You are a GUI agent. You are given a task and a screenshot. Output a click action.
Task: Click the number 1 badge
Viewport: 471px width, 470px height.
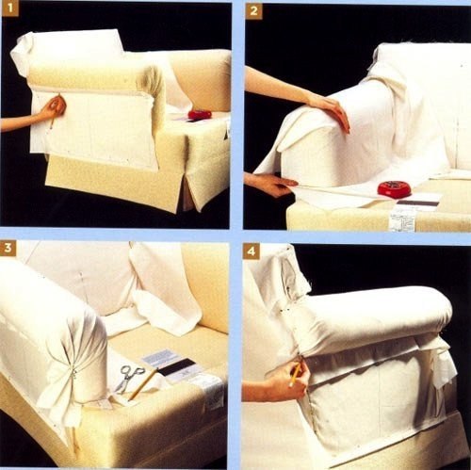[x=10, y=8]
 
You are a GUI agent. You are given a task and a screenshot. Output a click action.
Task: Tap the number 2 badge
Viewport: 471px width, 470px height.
[x=253, y=11]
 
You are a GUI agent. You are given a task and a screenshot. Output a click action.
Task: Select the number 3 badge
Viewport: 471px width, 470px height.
[x=8, y=248]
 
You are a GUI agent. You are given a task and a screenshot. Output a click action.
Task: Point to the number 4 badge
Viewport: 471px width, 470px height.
[x=251, y=251]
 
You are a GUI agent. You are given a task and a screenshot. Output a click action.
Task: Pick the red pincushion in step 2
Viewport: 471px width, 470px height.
[x=395, y=189]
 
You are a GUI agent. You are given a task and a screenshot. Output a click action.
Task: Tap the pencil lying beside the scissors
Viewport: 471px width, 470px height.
[x=143, y=383]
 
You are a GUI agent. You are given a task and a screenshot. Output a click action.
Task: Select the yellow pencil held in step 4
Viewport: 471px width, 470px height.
[x=295, y=374]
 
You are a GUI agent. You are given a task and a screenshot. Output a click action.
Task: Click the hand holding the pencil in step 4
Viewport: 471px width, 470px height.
[x=289, y=381]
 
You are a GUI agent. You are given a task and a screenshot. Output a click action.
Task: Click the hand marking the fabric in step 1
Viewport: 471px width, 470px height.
[x=54, y=108]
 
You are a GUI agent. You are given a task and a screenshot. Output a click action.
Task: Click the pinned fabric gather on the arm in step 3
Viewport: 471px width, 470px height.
[x=73, y=374]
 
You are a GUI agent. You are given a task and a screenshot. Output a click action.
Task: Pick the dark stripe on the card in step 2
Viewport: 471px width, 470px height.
[x=417, y=203]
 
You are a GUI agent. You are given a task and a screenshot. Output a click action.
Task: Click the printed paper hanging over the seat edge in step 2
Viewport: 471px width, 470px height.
[x=403, y=218]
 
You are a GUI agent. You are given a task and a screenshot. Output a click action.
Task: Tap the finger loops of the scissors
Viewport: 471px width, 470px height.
[x=135, y=370]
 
